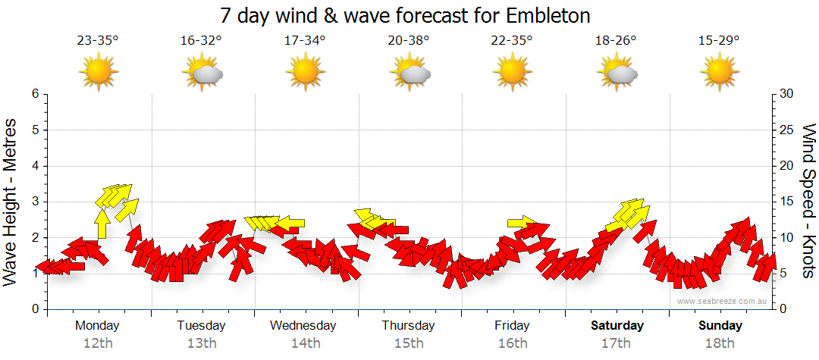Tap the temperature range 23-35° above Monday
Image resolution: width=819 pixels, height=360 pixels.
tap(98, 41)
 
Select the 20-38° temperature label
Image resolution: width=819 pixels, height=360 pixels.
tap(409, 41)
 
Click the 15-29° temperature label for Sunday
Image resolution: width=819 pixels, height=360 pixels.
tap(720, 41)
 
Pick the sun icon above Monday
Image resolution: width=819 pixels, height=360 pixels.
tap(99, 73)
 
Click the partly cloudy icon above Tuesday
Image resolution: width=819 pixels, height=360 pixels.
tap(202, 73)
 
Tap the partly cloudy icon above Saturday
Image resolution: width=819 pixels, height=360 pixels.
tap(617, 73)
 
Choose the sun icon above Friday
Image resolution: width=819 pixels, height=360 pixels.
tap(513, 73)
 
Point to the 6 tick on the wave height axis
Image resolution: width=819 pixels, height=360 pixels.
tap(35, 94)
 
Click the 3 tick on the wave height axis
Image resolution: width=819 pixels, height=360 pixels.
tap(35, 202)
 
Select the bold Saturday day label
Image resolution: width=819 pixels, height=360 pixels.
tap(617, 326)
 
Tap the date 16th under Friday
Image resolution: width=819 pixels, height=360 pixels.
tap(513, 343)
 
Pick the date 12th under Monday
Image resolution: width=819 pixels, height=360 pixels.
tap(99, 343)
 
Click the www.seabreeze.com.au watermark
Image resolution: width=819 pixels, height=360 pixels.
tap(723, 301)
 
